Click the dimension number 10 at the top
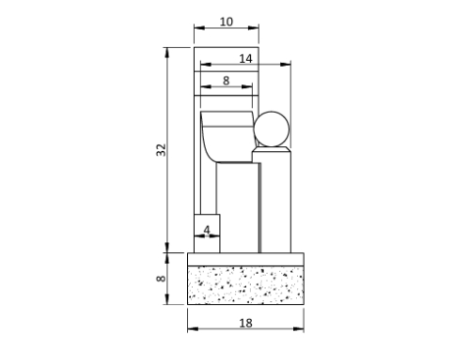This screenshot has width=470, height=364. (226, 22)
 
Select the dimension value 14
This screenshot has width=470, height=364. (245, 58)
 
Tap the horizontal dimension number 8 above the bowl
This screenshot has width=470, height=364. (226, 82)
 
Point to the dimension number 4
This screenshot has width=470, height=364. (207, 229)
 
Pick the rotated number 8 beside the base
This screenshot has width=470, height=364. (162, 279)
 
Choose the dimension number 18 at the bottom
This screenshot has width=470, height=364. (246, 322)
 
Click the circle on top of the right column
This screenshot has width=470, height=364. (273, 129)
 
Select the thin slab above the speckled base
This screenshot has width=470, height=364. (246, 259)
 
